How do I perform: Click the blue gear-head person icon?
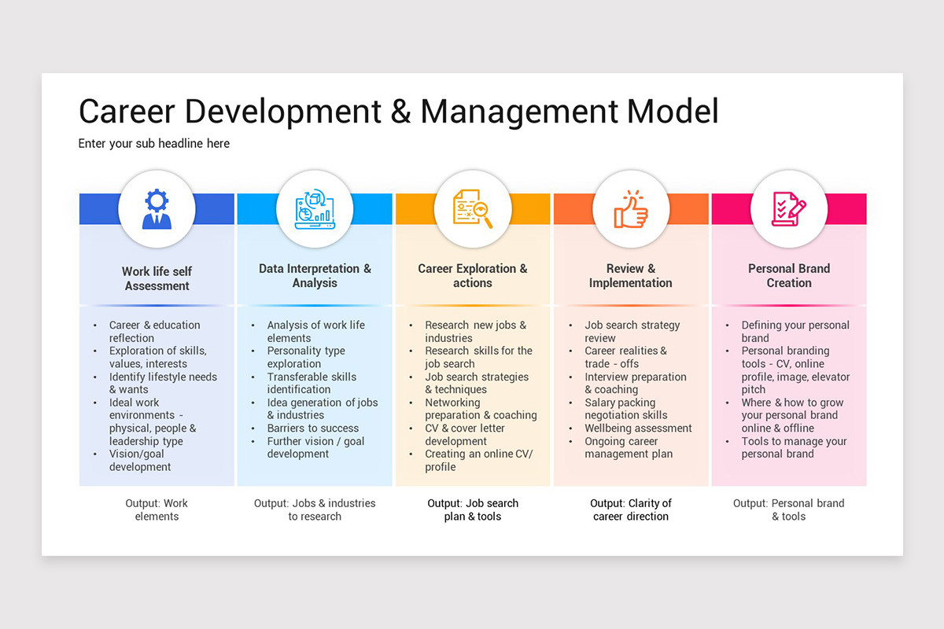point(157,209)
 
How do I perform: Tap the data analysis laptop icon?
point(315,209)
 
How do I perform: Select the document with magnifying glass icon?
point(473,209)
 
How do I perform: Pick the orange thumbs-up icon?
point(631,209)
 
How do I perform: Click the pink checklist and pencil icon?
point(789,209)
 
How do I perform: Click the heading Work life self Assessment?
point(157,278)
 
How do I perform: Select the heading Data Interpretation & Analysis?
point(315,275)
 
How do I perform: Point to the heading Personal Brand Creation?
point(789,275)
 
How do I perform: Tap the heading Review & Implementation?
point(631,275)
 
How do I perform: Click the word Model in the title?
point(673,112)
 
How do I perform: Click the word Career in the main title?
point(125,112)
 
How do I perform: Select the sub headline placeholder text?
point(154,144)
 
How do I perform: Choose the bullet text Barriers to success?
point(313,429)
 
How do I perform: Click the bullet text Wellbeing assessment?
point(638,429)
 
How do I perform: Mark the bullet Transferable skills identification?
point(312,383)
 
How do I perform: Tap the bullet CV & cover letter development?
point(464,435)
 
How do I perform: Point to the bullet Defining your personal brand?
point(795,331)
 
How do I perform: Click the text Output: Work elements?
point(157,509)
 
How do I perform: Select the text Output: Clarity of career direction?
point(631,509)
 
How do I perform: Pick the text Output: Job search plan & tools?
point(473,509)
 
